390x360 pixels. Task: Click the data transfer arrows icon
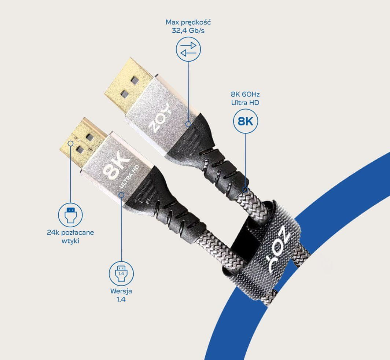(188, 49)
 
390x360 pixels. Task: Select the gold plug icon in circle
(70, 214)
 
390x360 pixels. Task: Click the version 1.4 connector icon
(121, 272)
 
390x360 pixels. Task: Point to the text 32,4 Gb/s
(188, 30)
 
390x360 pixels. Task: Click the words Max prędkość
(188, 22)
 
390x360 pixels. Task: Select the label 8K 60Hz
(245, 94)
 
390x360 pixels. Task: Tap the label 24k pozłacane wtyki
(70, 236)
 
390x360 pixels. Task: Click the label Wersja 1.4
(121, 295)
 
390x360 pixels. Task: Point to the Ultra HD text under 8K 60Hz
(245, 102)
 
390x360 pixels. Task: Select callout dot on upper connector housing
(188, 124)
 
